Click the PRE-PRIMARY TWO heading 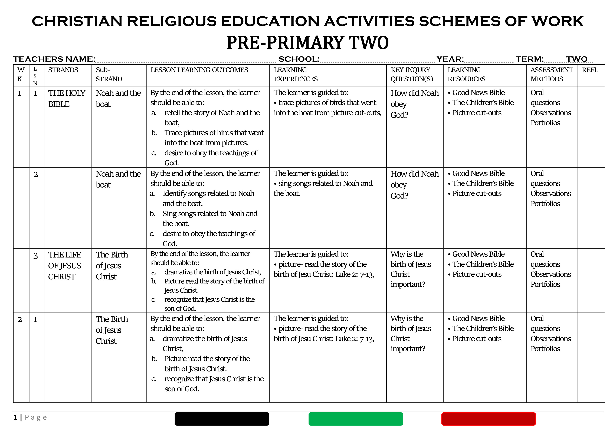tap(307, 43)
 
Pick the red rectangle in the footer tap(488, 419)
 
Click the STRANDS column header tap(63, 70)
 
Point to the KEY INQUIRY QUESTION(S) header tap(412, 75)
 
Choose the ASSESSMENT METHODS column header tap(551, 75)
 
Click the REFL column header tap(590, 70)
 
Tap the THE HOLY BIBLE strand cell tap(67, 98)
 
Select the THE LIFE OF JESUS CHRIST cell tap(65, 265)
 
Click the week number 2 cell tap(20, 319)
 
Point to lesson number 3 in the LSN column tap(35, 256)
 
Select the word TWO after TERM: tap(577, 59)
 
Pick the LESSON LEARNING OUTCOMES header tap(199, 70)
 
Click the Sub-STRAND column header tap(109, 75)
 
